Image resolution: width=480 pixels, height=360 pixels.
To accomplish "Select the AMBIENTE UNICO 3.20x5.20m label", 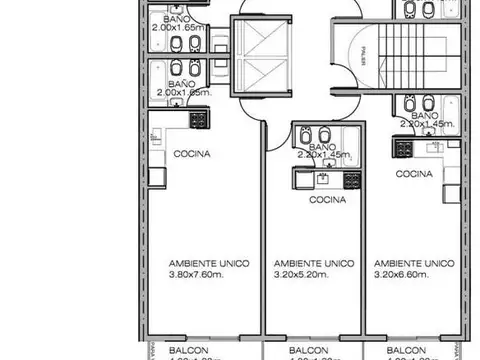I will pyautogui.click(x=314, y=266).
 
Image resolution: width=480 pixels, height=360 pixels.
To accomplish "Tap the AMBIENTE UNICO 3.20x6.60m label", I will pyautogui.click(x=407, y=266).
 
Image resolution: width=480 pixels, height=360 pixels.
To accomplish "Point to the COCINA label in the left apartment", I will pyautogui.click(x=191, y=154).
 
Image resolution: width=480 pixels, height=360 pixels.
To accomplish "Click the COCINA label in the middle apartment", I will pyautogui.click(x=327, y=199).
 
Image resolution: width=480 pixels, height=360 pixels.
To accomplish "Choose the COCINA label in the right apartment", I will pyautogui.click(x=414, y=173).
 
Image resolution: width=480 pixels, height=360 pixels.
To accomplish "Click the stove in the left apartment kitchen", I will pyautogui.click(x=198, y=119).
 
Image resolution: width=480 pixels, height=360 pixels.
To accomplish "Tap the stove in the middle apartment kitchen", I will pyautogui.click(x=351, y=180).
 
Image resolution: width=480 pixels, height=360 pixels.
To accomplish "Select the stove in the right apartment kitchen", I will pyautogui.click(x=403, y=148).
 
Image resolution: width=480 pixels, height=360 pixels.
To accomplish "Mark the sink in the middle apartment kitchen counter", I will pyautogui.click(x=321, y=180).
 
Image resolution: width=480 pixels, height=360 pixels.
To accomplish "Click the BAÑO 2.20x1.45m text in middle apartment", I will pyautogui.click(x=322, y=152).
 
